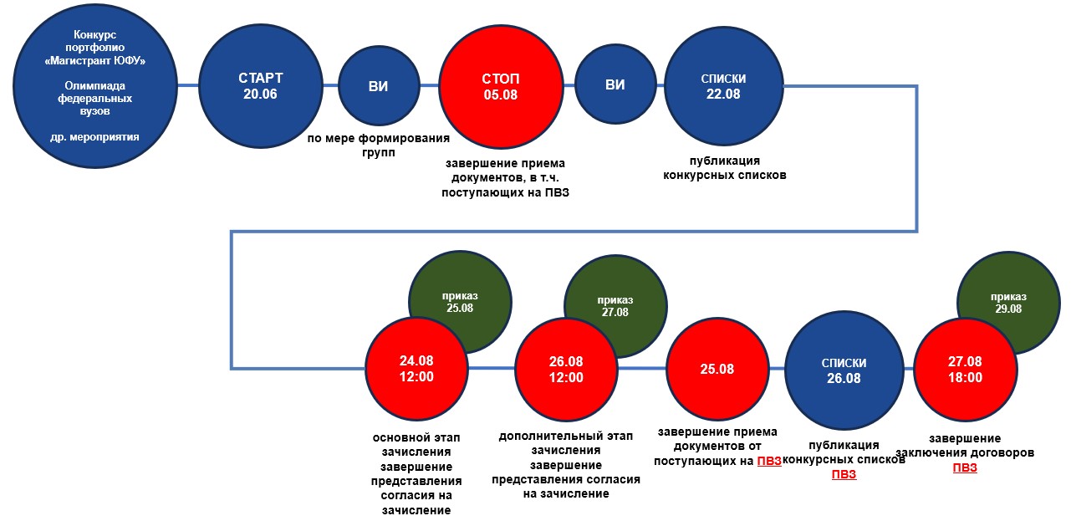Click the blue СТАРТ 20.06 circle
click(x=260, y=85)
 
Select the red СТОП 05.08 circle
click(x=500, y=85)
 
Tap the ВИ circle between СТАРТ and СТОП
click(x=378, y=85)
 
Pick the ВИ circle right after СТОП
click(x=615, y=85)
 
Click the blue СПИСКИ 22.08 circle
click(x=723, y=85)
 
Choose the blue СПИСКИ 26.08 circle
click(x=844, y=370)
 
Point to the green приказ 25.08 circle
click(x=459, y=302)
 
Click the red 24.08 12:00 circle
click(x=416, y=369)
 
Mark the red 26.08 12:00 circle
click(x=566, y=369)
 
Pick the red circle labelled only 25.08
click(x=717, y=369)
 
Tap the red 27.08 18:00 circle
click(x=965, y=369)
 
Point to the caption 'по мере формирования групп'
click(x=378, y=146)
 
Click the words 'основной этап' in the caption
click(x=416, y=438)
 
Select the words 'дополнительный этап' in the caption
click(x=566, y=437)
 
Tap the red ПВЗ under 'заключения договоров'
click(x=965, y=467)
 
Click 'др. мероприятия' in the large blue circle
click(x=100, y=136)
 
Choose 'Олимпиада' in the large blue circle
click(x=100, y=85)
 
